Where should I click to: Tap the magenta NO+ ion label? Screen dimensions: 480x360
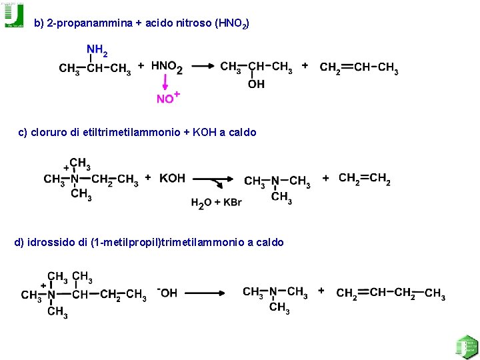click(167, 98)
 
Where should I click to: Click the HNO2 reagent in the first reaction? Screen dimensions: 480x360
click(167, 67)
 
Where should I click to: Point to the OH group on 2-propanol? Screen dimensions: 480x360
click(256, 84)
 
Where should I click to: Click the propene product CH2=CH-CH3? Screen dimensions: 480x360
click(359, 68)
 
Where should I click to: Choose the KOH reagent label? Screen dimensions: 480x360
click(173, 178)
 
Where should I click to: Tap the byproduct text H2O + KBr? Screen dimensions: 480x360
click(216, 203)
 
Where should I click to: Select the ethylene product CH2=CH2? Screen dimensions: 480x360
click(365, 178)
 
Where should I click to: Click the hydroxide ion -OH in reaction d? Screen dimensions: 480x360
click(167, 293)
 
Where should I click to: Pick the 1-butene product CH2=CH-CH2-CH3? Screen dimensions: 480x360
click(391, 293)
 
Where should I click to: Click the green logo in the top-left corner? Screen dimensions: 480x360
click(13, 15)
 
